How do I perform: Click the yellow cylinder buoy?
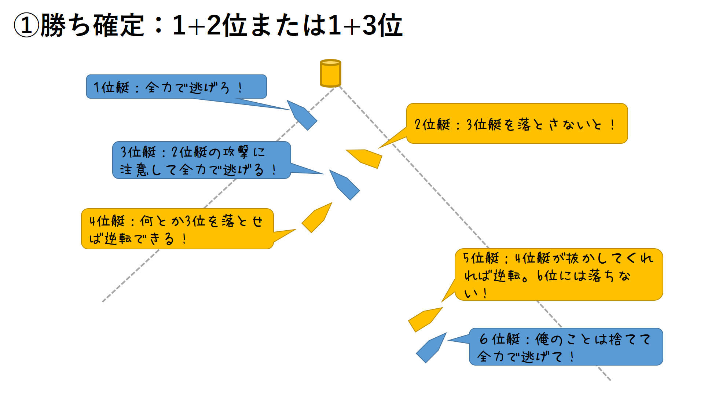tap(330, 73)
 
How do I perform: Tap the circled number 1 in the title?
tap(26, 26)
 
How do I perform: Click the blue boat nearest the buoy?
tap(302, 115)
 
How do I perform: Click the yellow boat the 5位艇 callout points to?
tap(425, 319)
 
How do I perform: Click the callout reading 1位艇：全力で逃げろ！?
tap(176, 87)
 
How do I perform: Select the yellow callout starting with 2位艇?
tap(517, 124)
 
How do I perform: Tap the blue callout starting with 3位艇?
tap(201, 160)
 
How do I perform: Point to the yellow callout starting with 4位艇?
tap(177, 229)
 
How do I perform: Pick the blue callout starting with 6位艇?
tap(566, 347)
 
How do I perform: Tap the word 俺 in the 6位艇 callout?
tap(542, 339)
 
